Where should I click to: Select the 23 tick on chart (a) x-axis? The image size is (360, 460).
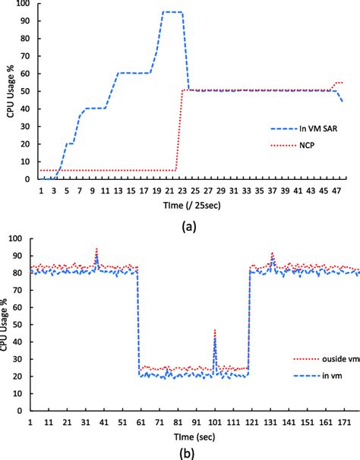(x=183, y=190)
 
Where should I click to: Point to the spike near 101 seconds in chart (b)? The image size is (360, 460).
(x=215, y=335)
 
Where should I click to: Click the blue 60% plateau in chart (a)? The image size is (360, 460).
(x=134, y=74)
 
